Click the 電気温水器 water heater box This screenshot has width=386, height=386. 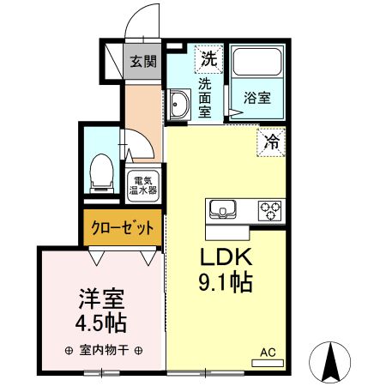(142, 185)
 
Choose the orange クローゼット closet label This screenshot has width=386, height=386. (124, 227)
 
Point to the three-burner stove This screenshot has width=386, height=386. (270, 208)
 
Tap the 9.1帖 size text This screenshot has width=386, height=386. (225, 282)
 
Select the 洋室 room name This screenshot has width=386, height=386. (101, 299)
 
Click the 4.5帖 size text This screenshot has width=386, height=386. (101, 324)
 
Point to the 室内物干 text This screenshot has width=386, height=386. (102, 351)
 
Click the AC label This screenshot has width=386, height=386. (268, 351)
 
